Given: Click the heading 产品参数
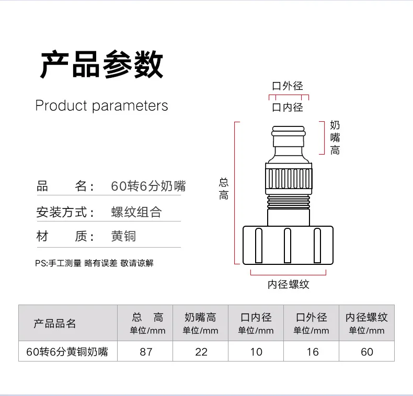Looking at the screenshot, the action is (102, 64).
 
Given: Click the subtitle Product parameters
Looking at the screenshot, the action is (101, 106).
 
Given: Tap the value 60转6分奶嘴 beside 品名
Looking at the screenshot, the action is (148, 186).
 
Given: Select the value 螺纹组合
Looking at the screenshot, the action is (136, 212).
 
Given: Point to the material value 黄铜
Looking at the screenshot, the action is (123, 237).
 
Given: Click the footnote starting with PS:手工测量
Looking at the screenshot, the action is (95, 263).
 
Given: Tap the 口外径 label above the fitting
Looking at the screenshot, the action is (288, 86).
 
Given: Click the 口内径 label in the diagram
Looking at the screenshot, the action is (288, 108).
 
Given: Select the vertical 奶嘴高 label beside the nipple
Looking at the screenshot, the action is (335, 137).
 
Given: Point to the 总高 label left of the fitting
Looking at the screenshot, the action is (224, 189).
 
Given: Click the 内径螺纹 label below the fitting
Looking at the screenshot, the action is (289, 284).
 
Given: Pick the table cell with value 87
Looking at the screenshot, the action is (146, 352).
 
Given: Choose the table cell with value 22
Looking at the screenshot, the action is (201, 352).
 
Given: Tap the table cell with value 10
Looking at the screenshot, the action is (256, 352).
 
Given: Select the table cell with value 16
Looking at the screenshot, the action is (312, 352).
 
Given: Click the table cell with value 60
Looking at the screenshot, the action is (367, 352).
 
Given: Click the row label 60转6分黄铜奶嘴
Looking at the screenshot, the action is (67, 352).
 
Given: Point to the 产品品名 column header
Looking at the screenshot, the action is (54, 323).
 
